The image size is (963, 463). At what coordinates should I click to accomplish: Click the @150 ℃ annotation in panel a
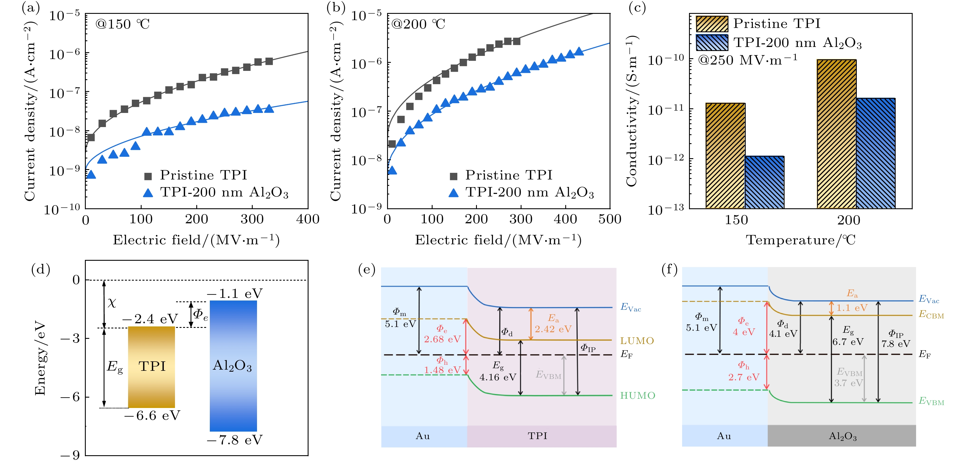[x=122, y=24]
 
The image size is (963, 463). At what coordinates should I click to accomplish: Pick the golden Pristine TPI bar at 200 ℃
[x=836, y=134]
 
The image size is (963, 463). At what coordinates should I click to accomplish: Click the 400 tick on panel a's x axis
[x=307, y=219]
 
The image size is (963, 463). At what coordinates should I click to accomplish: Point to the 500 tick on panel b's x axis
[x=609, y=219]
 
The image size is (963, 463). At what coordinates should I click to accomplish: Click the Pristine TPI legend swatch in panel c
[x=712, y=24]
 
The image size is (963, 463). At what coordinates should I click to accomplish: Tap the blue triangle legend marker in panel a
[x=148, y=193]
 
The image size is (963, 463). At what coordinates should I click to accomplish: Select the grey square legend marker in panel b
[x=454, y=176]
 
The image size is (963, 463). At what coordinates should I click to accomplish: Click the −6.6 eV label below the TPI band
[x=152, y=416]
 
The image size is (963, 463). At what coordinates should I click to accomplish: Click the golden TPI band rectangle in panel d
[x=151, y=367]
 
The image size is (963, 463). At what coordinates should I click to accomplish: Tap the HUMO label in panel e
[x=637, y=396]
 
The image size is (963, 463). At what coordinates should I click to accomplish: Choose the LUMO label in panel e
[x=637, y=341]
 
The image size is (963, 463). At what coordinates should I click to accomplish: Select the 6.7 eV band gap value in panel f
[x=848, y=342]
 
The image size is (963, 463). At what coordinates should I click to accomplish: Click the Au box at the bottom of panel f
[x=724, y=436]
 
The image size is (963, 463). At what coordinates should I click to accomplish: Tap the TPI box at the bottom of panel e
[x=537, y=436]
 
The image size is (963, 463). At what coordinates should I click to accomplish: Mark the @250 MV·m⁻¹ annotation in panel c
[x=748, y=60]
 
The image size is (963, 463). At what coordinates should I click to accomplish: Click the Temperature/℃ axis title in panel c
[x=800, y=240]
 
